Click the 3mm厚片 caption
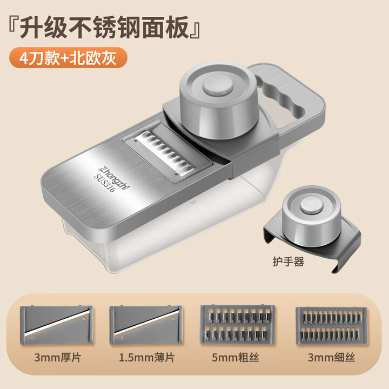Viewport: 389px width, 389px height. click(57, 357)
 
